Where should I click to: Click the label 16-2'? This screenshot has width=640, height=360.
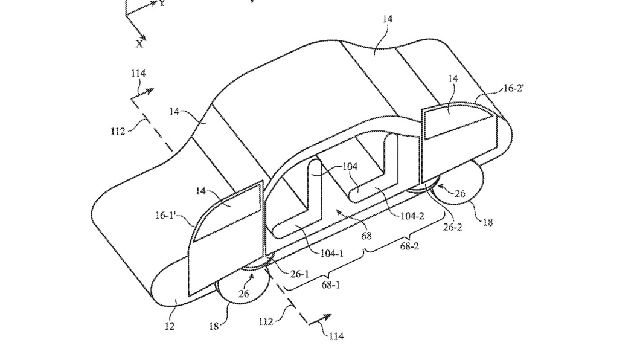[x=513, y=88]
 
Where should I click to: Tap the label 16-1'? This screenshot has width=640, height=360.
[x=166, y=214]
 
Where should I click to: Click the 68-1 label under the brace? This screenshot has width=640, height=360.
[x=330, y=284]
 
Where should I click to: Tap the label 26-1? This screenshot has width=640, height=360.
[x=299, y=274]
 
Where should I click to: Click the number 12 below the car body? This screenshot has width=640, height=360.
[x=170, y=326]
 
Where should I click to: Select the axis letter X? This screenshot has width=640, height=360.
[x=140, y=43]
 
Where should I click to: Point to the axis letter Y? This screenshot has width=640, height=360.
[x=162, y=3]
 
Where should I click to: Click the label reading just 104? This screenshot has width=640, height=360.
[x=350, y=167]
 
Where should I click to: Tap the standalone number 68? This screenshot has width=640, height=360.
[x=366, y=236]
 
